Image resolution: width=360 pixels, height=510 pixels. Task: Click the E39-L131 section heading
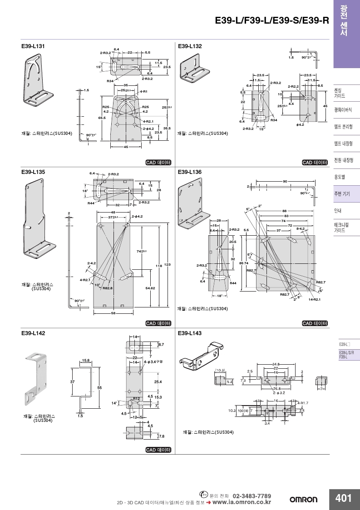click(33, 46)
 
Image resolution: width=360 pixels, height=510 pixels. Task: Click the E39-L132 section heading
click(190, 46)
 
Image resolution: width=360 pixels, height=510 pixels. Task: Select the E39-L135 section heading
click(33, 173)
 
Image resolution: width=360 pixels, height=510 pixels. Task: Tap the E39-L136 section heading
click(190, 173)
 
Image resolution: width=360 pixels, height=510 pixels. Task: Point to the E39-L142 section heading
click(33, 333)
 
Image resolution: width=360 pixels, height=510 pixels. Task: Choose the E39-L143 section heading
click(190, 333)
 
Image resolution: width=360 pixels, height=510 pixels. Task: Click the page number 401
click(344, 498)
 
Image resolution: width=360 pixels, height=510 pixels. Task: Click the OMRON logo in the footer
click(304, 500)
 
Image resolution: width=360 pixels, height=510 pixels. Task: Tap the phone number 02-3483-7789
click(252, 495)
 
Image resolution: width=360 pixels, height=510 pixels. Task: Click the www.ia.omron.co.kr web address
click(242, 502)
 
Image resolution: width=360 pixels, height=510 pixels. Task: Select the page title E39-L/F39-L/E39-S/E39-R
click(271, 20)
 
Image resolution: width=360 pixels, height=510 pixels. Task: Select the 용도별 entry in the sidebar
click(340, 177)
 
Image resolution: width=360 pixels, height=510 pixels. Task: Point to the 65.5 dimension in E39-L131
click(102, 118)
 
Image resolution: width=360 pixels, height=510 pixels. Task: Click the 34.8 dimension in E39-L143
click(276, 364)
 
